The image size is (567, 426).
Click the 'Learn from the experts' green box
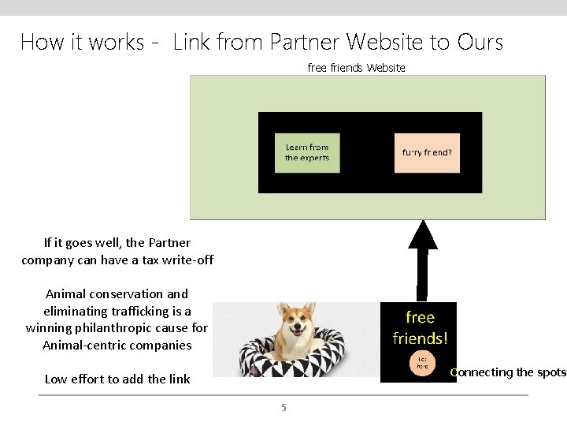pyautogui.click(x=307, y=152)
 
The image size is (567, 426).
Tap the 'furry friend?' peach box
pyautogui.click(x=427, y=152)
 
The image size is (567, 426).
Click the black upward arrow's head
pyautogui.click(x=423, y=234)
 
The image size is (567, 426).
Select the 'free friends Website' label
pyautogui.click(x=356, y=68)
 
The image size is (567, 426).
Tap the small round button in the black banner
pyautogui.click(x=423, y=362)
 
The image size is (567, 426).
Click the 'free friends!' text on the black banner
pyautogui.click(x=420, y=327)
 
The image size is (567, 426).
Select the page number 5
pyautogui.click(x=284, y=408)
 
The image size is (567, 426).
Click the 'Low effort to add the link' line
pyautogui.click(x=117, y=379)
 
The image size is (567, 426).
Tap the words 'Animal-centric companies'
pyautogui.click(x=117, y=345)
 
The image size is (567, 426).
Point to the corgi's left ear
pyautogui.click(x=312, y=308)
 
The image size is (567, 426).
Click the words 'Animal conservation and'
pyautogui.click(x=117, y=293)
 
